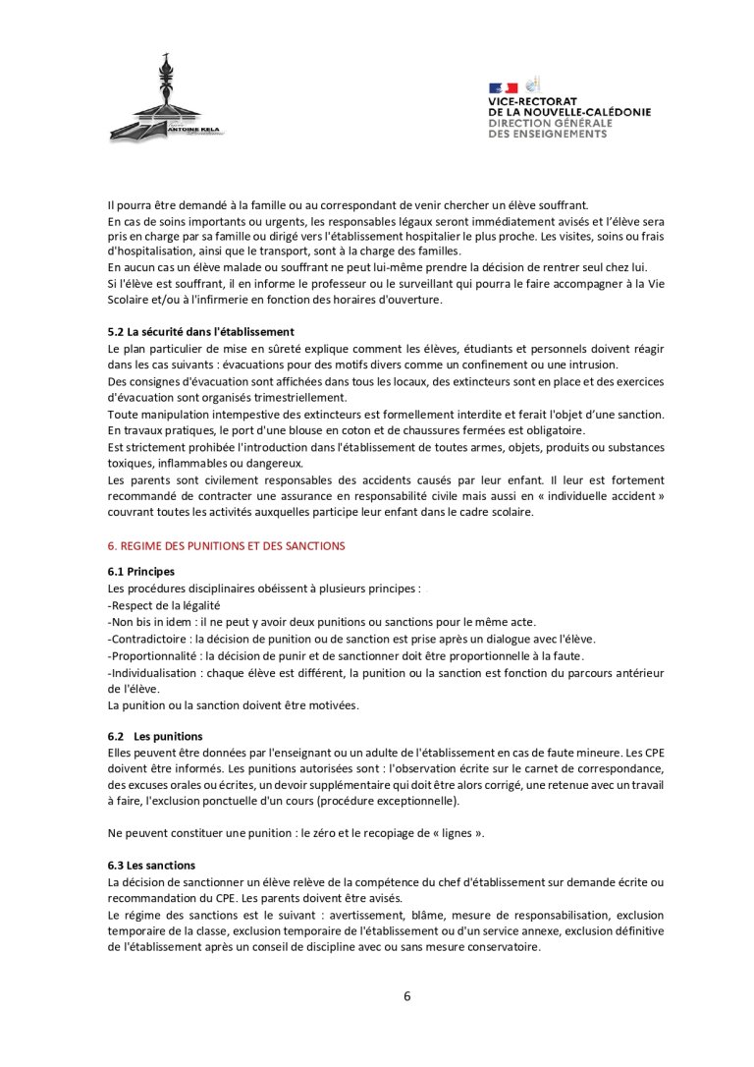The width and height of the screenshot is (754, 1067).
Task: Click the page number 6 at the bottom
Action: (406, 995)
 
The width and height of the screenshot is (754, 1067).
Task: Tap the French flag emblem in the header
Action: (504, 88)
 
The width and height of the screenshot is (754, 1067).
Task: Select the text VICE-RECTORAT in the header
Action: (533, 102)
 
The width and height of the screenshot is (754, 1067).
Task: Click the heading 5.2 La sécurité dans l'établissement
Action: (200, 331)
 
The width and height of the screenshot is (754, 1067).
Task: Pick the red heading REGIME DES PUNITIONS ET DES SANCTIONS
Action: (226, 545)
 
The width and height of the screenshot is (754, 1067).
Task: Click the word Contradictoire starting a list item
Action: (144, 638)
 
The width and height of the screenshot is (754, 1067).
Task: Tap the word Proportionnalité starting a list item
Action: (148, 655)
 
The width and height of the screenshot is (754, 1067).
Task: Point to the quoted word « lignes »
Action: (455, 833)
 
